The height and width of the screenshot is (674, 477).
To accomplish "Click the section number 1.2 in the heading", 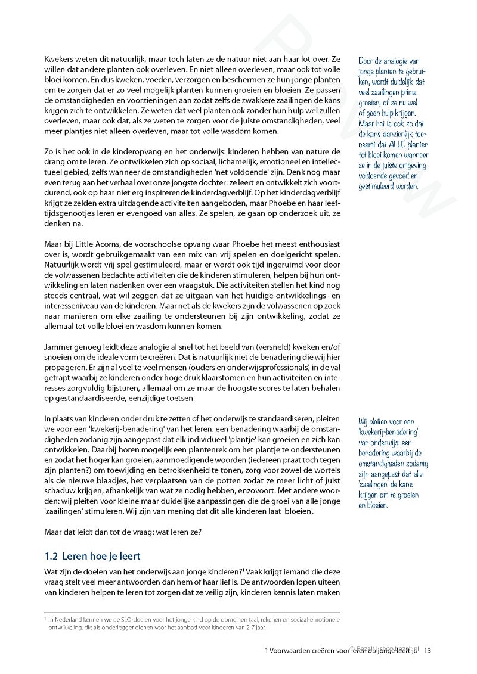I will point(51,556).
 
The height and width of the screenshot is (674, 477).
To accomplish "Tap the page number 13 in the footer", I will point(428,651).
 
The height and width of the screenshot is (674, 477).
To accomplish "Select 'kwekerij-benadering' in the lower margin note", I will point(388,431).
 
